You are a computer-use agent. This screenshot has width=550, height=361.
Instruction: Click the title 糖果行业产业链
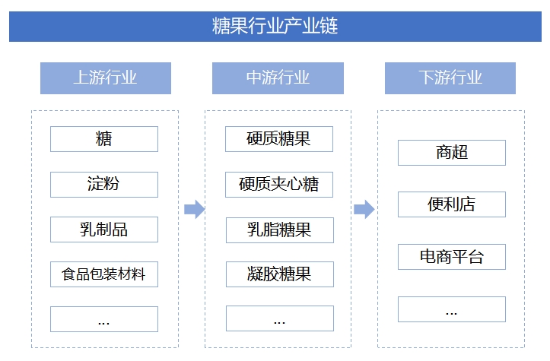275,26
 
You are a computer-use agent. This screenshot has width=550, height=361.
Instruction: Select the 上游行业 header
105,78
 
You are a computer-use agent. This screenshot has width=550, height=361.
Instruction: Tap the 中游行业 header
278,78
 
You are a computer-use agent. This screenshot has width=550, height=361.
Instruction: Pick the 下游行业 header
450,78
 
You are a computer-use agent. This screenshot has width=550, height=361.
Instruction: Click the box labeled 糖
104,139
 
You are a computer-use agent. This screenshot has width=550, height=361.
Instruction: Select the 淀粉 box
104,184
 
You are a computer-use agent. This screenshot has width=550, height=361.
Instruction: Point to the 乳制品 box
104,229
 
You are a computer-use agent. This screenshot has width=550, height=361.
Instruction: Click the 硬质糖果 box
279,139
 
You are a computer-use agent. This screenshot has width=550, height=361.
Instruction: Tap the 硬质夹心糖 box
279,184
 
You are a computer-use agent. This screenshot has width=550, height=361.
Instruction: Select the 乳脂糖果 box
279,229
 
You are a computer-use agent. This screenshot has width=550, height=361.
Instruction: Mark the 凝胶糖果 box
279,274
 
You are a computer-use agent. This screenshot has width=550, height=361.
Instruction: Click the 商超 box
452,152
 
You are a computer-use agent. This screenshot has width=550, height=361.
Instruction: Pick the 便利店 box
452,204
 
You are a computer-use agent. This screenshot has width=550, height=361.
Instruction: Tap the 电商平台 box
452,257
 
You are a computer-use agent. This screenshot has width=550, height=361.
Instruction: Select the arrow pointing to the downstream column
364,209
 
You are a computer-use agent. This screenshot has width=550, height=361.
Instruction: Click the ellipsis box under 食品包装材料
104,319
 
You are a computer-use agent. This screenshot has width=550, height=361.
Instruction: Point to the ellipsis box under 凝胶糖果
279,318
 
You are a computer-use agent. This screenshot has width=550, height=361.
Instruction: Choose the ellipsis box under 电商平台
452,309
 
